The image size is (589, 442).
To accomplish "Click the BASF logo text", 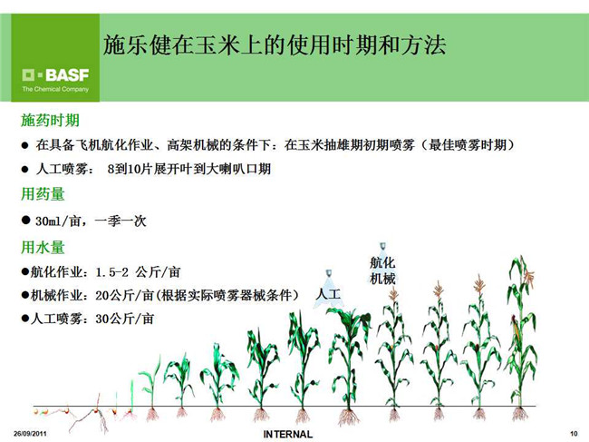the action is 67,75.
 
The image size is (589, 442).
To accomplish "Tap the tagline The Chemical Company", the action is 55,89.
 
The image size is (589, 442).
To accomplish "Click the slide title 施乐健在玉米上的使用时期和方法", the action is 275,45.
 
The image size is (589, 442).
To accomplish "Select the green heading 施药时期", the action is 50,121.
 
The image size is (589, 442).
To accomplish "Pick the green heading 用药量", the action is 43,194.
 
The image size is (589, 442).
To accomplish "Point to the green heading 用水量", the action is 43,247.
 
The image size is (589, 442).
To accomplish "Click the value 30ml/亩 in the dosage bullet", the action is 58,221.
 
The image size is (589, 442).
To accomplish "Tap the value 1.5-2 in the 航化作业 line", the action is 112,272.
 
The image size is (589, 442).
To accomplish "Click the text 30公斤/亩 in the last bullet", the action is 124,319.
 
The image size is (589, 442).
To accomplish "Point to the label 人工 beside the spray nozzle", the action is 328,293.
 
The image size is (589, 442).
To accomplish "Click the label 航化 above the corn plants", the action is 382,262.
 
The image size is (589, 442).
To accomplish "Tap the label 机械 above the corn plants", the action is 382,279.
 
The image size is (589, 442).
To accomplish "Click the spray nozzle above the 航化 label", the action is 382,247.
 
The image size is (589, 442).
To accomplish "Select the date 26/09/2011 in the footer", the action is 30,434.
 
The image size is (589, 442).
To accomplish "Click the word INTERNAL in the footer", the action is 288,434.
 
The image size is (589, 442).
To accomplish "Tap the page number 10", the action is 574,434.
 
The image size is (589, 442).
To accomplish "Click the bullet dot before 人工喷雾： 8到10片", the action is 24,170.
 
